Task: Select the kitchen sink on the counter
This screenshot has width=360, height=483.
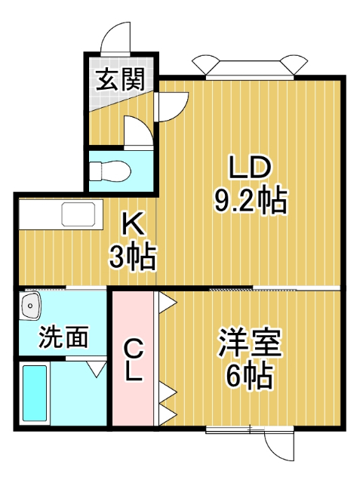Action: pyautogui.click(x=78, y=215)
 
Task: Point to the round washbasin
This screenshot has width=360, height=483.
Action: pyautogui.click(x=32, y=306)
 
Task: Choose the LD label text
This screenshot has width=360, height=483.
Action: pyautogui.click(x=249, y=168)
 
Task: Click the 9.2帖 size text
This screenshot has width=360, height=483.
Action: pyautogui.click(x=249, y=200)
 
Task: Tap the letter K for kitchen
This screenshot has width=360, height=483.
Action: pyautogui.click(x=133, y=224)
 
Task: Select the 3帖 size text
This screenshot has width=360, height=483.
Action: pyautogui.click(x=132, y=258)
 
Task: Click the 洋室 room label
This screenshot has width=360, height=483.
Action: pyautogui.click(x=250, y=343)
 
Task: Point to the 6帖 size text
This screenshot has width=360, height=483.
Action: pyautogui.click(x=249, y=377)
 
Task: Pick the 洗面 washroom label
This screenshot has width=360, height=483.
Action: pyautogui.click(x=65, y=336)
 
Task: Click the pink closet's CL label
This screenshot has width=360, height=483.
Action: pyautogui.click(x=134, y=361)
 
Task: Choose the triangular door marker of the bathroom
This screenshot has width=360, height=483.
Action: pyautogui.click(x=96, y=368)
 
